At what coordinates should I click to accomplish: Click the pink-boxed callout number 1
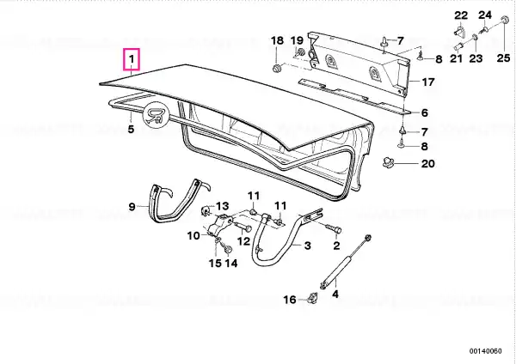click(132, 59)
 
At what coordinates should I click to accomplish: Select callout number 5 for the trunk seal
click(131, 129)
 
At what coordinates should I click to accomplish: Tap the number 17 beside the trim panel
click(428, 82)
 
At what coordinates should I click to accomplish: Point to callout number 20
click(428, 163)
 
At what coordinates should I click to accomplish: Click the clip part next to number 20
click(388, 162)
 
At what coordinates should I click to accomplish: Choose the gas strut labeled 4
click(345, 260)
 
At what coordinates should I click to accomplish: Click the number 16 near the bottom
click(290, 300)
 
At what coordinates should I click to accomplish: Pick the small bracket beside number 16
click(312, 298)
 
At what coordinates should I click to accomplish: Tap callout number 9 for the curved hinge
click(132, 207)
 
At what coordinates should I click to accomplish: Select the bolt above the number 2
click(334, 228)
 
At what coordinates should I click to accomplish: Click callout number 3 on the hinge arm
click(307, 246)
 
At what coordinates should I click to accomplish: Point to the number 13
click(223, 206)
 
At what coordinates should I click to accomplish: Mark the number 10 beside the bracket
click(193, 235)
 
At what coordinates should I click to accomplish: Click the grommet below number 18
click(277, 69)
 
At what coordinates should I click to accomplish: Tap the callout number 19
click(297, 40)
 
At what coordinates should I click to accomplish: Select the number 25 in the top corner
click(503, 58)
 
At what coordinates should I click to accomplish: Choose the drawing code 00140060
click(486, 351)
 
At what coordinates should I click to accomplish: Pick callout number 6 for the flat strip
click(425, 112)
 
